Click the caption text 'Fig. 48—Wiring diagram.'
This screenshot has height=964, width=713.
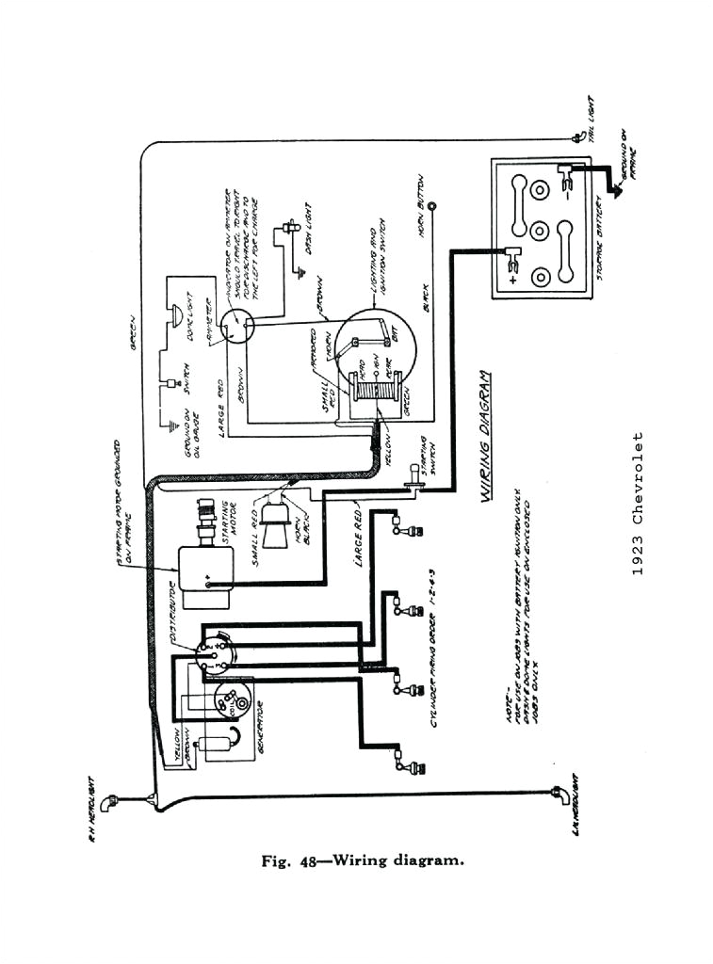coord(361,859)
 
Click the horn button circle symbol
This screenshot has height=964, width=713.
coord(431,205)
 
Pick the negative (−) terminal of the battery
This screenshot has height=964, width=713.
coord(566,175)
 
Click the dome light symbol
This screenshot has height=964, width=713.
coord(174,317)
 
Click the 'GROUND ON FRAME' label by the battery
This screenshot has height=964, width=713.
coord(629,160)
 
